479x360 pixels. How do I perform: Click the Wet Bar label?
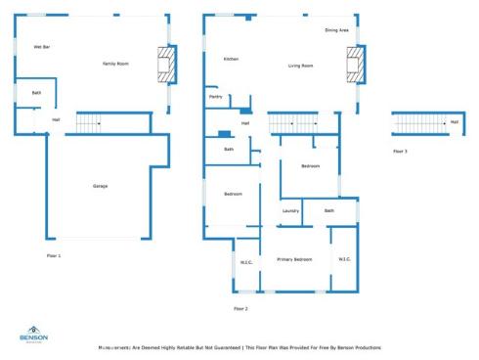coord(42,47)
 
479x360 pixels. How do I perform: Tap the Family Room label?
coord(116,64)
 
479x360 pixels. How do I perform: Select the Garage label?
coord(100,186)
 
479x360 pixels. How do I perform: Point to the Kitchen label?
coord(231,59)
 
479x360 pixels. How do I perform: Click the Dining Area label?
coord(337,30)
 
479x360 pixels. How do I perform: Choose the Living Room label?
coord(300,66)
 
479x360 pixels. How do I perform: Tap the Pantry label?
coord(215,97)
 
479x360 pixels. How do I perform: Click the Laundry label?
coord(290,210)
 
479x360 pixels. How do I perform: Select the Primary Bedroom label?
coord(294,259)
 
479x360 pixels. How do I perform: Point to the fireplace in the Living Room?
coord(353,67)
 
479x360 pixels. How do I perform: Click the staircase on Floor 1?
coord(90,122)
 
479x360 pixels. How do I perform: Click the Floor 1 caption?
coord(54,255)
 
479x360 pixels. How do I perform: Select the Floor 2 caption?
coord(240,308)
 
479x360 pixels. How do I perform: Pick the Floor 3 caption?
coord(400,152)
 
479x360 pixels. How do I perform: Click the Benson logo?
coord(33,335)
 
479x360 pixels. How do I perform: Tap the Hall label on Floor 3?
coord(454,122)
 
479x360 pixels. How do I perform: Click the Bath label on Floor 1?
coord(36,93)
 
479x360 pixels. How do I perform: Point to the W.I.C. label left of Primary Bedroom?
coord(246,261)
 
